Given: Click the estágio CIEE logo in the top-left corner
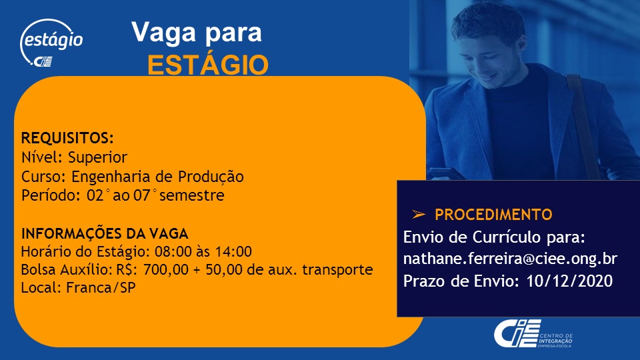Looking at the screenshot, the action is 51,43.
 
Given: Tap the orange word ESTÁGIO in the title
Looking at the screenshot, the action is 208,65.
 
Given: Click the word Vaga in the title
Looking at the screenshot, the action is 163,32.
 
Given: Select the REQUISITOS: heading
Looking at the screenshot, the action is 67,138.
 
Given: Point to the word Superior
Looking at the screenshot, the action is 97,157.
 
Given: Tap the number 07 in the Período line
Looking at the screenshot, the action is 142,195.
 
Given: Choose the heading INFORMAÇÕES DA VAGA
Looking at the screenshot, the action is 105,233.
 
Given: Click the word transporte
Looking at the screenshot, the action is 337,270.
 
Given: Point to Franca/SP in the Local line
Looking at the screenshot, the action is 101,288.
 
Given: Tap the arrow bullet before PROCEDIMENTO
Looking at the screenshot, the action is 419,214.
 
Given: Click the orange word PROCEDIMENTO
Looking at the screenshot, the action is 493,215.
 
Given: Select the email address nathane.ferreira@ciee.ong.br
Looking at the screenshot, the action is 510,259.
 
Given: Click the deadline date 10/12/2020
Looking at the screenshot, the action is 570,281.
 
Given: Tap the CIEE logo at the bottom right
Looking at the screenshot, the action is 533,333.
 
